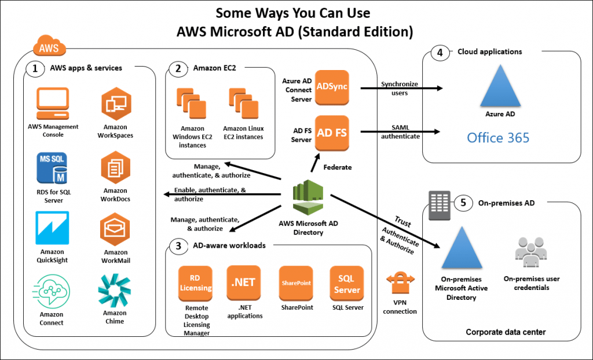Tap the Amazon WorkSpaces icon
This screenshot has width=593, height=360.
(x=115, y=104)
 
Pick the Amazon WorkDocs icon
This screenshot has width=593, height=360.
(x=115, y=167)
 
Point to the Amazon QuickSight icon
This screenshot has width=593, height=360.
(x=52, y=228)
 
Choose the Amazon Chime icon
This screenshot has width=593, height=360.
(x=114, y=291)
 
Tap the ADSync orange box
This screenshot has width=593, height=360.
(x=331, y=87)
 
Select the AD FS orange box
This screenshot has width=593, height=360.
(x=332, y=133)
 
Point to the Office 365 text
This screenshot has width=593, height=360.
(x=498, y=138)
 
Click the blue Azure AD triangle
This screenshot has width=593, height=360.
(x=499, y=86)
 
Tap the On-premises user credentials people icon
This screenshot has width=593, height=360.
(x=531, y=252)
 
